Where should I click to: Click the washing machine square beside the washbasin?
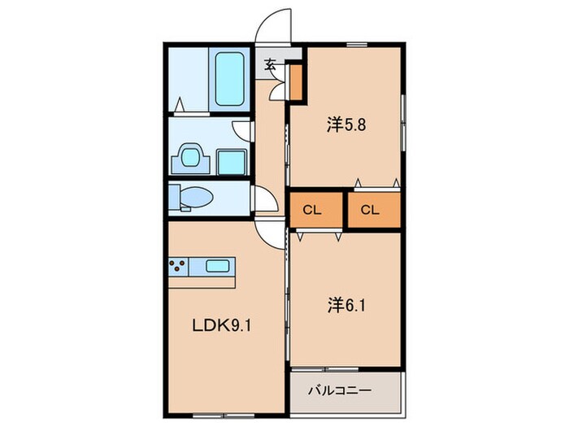(x=232, y=161)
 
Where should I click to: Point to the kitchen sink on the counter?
(x=217, y=265)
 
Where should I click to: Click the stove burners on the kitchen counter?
(x=179, y=264)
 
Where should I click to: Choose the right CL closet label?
(x=370, y=210)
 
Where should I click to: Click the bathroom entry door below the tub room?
(x=184, y=105)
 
